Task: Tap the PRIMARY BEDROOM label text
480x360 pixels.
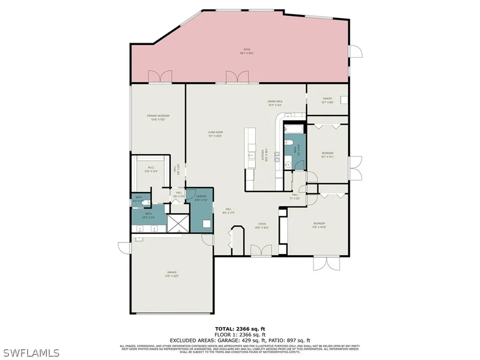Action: pyautogui.click(x=158, y=116)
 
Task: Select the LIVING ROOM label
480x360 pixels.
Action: pyautogui.click(x=215, y=133)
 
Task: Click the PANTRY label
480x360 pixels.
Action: pyautogui.click(x=327, y=99)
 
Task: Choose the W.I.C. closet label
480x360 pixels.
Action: pyautogui.click(x=151, y=167)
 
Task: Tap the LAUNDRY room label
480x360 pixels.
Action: pyautogui.click(x=201, y=196)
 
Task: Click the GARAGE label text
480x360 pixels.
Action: pyautogui.click(x=172, y=272)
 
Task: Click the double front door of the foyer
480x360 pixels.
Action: pyautogui.click(x=261, y=251)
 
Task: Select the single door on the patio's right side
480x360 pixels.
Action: pyautogui.click(x=356, y=51)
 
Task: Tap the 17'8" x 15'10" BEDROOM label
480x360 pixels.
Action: pyautogui.click(x=319, y=224)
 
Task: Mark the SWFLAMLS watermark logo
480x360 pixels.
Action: pyautogui.click(x=30, y=352)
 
